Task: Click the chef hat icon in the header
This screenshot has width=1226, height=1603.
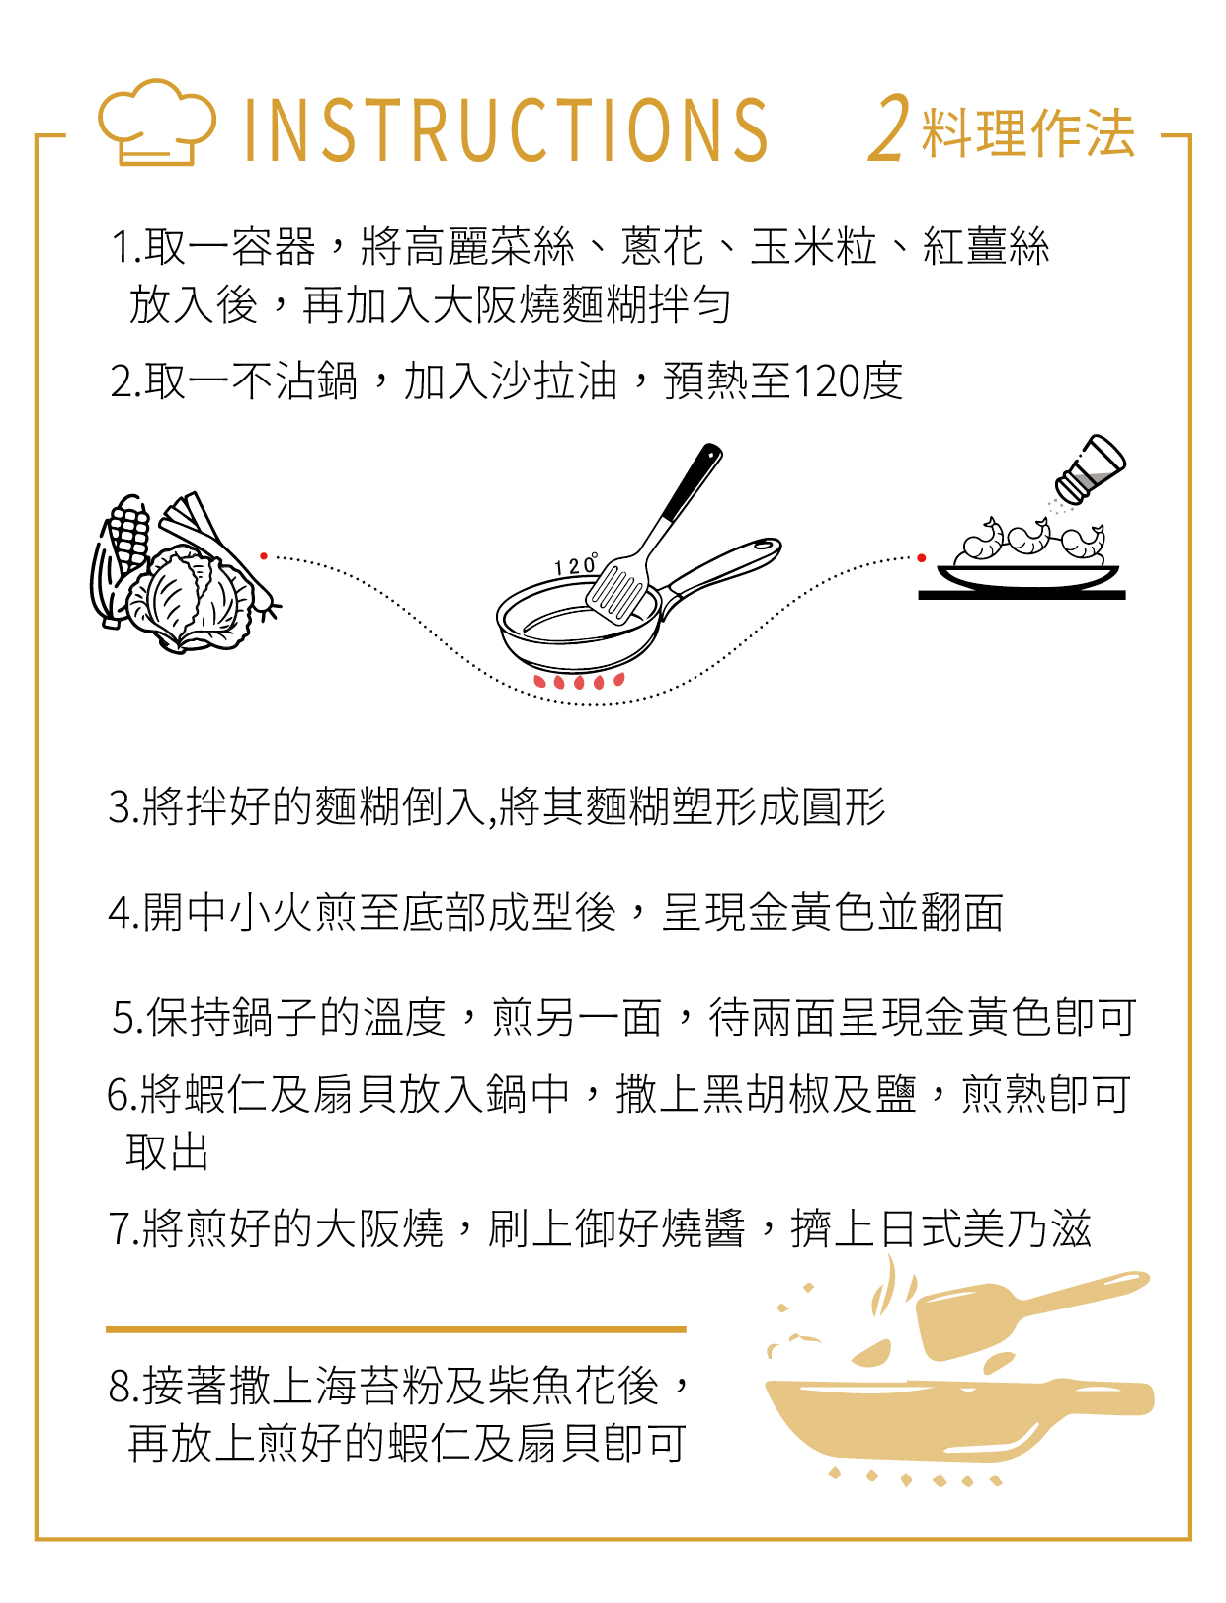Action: [157, 122]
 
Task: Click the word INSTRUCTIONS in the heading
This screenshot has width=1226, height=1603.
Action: [505, 130]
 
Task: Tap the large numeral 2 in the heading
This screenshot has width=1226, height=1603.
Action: [889, 128]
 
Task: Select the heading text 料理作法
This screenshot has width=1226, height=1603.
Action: [1027, 132]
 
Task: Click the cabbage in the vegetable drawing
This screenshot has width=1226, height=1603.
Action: [189, 600]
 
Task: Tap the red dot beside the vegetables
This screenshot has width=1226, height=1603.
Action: [264, 556]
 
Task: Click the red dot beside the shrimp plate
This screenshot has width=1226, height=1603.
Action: [922, 558]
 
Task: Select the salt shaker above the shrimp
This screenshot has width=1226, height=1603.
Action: [1091, 468]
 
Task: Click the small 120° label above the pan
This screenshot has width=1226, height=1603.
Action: [576, 563]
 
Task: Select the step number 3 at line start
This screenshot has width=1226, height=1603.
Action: [119, 808]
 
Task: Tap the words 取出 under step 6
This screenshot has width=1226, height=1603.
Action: [168, 1152]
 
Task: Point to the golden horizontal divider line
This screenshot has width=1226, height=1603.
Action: [395, 1330]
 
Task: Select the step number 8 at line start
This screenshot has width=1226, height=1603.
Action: [119, 1387]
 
